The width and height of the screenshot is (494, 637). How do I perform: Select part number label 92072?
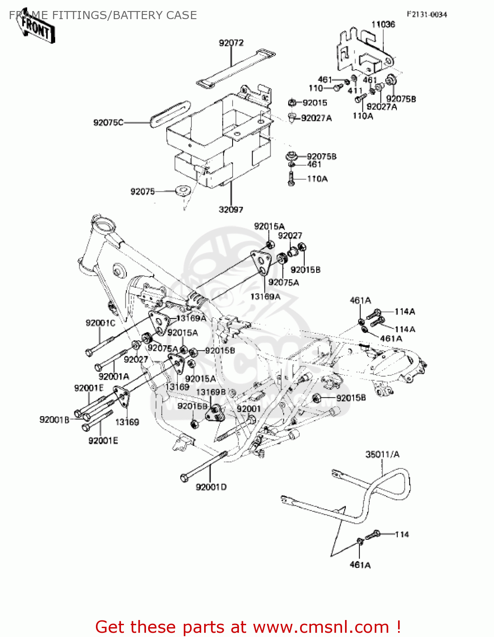[x=231, y=43]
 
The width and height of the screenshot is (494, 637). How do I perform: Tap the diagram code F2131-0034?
[x=427, y=14]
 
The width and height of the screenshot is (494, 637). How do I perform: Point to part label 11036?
[x=383, y=25]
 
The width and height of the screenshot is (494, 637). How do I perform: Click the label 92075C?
[x=108, y=123]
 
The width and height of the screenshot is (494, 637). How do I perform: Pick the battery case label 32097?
[x=231, y=209]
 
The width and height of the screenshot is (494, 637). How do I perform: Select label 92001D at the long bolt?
[x=211, y=487]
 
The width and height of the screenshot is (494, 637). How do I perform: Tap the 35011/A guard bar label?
[x=382, y=454]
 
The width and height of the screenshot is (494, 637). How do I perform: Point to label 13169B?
[x=211, y=392]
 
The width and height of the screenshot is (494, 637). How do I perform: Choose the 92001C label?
[x=100, y=323]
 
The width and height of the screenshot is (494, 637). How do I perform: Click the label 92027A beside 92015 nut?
[x=316, y=118]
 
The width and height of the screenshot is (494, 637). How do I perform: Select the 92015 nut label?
[x=314, y=103]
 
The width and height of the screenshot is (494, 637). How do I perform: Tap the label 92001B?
[x=54, y=420]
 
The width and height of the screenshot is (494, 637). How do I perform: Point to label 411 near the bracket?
[x=355, y=91]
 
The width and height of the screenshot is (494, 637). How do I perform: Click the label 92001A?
[x=114, y=376]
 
